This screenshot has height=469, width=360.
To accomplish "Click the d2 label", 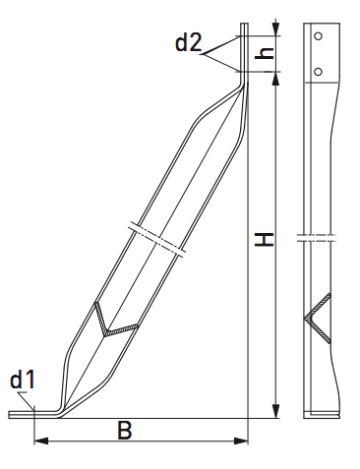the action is (189, 43).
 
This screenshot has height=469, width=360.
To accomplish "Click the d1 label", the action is (23, 380).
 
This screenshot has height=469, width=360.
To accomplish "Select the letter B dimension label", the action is (125, 430).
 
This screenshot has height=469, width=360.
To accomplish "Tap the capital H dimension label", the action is (265, 240).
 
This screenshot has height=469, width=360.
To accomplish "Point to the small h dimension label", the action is (264, 53).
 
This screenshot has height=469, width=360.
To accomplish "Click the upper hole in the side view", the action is (318, 36).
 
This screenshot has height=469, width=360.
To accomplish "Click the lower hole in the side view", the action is (318, 72).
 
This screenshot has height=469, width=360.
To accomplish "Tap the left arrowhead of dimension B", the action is (41, 440).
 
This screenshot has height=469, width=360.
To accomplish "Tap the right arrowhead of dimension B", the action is (241, 440).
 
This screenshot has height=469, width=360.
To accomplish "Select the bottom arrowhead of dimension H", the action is (276, 411).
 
